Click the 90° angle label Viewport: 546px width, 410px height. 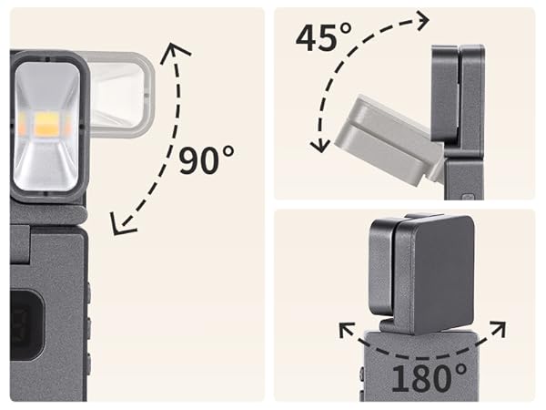[207, 160]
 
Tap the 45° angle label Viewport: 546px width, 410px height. [324, 37]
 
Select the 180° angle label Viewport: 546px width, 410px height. [429, 377]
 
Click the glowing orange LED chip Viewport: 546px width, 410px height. [46, 125]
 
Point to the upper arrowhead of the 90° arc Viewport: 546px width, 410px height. [175, 52]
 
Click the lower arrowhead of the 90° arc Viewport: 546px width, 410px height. [122, 224]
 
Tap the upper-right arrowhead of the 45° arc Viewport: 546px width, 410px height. [421, 20]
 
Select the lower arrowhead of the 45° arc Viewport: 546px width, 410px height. [320, 145]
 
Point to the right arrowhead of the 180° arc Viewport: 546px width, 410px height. [498, 329]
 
